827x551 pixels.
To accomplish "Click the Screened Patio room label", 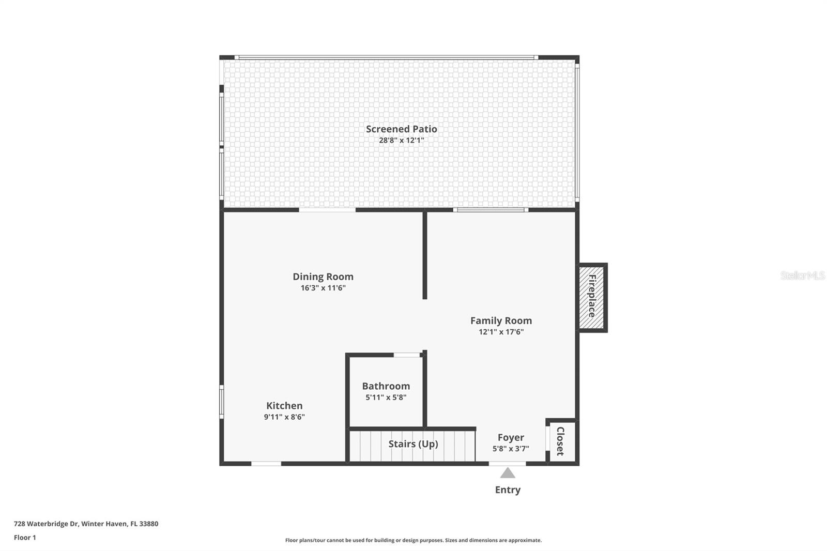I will point(401,129).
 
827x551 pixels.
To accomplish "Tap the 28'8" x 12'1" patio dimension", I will point(401,141).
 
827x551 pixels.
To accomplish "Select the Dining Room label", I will point(323,277).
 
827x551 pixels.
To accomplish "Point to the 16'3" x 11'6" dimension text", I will point(323,288).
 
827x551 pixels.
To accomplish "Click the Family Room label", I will point(501,320).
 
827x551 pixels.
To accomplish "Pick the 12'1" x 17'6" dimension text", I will point(501,332).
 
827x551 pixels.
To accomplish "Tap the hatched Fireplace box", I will point(592,297).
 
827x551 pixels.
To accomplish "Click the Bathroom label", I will point(386,386).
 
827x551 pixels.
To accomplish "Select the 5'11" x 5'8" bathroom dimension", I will point(386,397).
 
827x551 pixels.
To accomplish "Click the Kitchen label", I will point(284,406).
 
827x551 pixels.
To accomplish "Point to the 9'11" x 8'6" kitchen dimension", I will point(284,417).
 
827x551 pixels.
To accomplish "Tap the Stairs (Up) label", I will point(413,444).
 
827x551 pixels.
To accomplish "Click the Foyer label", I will point(511,437).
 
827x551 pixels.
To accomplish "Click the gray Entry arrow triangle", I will point(508,473).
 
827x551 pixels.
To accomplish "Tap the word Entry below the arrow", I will point(508,490).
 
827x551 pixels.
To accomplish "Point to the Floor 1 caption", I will point(25,538).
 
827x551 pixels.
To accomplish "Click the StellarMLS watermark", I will point(802,276).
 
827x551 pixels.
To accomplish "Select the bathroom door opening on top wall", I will point(407,355).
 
